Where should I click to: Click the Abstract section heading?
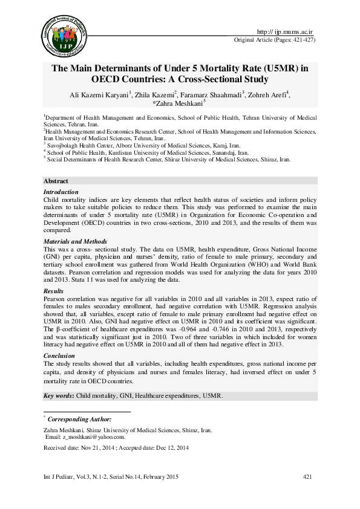point(56,181)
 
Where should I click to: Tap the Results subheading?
point(54,291)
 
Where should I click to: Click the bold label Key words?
point(58,395)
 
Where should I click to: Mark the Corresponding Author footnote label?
point(79,418)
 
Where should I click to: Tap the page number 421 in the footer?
point(307,478)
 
